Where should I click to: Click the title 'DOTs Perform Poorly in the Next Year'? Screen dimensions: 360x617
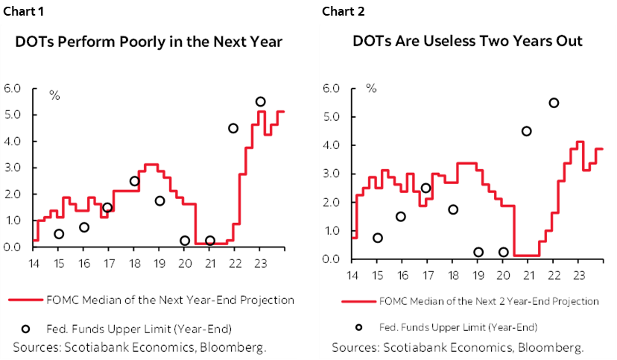pyautogui.click(x=149, y=42)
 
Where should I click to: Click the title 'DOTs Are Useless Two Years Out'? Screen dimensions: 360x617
pyautogui.click(x=467, y=42)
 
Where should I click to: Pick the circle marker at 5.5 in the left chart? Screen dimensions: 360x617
pyautogui.click(x=260, y=102)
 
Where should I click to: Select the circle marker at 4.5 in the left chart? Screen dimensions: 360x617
pyautogui.click(x=233, y=128)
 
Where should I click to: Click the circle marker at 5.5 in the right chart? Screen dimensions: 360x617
pyautogui.click(x=554, y=103)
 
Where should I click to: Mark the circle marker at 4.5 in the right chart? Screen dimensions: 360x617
pyautogui.click(x=527, y=131)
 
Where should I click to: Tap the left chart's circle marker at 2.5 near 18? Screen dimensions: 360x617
pyautogui.click(x=135, y=181)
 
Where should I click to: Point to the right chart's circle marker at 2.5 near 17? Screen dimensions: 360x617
pyautogui.click(x=426, y=188)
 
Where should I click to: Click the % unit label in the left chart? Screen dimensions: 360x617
pyautogui.click(x=54, y=95)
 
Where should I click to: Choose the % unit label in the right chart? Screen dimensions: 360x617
pyautogui.click(x=371, y=88)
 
